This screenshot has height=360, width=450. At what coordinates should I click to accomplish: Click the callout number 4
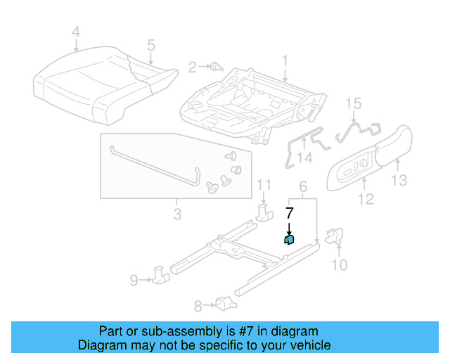[x=77, y=31]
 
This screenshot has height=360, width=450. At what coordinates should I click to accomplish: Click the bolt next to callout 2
[x=216, y=67]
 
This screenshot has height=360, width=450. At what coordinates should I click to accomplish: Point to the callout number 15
[x=354, y=104]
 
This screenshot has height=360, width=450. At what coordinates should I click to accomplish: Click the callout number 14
[x=304, y=157]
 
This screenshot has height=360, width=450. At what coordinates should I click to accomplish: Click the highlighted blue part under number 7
[x=289, y=240]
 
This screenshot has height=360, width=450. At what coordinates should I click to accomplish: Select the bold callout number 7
[x=289, y=211]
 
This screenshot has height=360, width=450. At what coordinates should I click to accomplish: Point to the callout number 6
[x=303, y=186]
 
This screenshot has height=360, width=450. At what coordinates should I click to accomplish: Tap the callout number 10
[x=339, y=265]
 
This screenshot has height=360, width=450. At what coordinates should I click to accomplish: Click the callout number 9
[x=134, y=281]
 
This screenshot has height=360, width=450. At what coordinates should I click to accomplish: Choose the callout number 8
[x=198, y=305]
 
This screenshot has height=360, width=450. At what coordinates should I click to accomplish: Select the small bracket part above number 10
[x=336, y=236]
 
